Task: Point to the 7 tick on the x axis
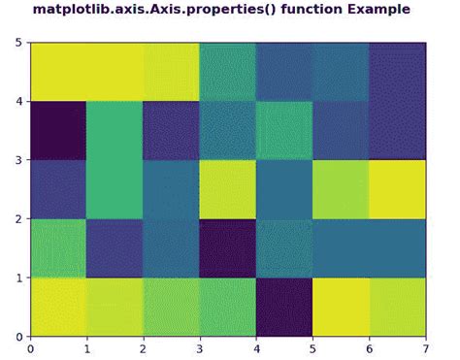(425, 347)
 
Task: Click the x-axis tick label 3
(200, 347)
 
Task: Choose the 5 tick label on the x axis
(312, 347)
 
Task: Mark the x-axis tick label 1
(87, 347)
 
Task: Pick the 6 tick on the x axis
(369, 347)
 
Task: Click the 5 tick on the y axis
(19, 43)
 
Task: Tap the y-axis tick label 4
(19, 101)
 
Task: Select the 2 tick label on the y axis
(19, 218)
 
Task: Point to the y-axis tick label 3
(19, 160)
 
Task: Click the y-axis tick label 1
(19, 278)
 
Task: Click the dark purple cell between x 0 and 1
(58, 130)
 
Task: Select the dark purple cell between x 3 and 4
(228, 247)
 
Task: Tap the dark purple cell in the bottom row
(284, 307)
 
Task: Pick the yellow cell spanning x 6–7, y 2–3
(397, 189)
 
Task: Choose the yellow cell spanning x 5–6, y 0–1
(341, 307)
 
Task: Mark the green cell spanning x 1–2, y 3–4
(115, 130)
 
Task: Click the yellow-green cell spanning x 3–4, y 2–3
(228, 189)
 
